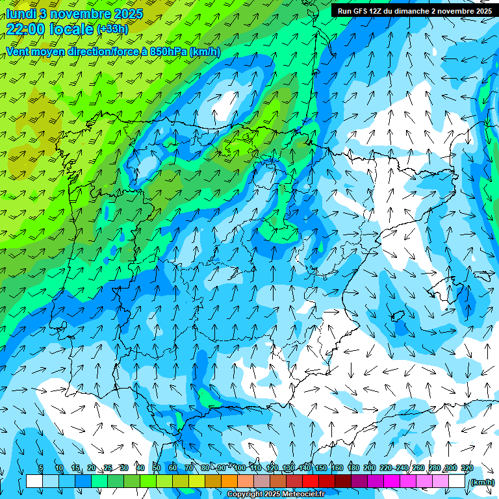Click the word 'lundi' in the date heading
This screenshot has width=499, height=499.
(x=21, y=14)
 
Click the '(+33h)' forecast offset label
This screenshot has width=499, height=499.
(x=112, y=29)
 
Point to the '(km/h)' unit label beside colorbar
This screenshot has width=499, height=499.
(x=481, y=482)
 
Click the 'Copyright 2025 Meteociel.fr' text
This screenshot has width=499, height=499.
(x=275, y=494)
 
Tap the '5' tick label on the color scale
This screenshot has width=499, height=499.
(x=41, y=468)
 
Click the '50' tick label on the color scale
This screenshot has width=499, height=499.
(x=157, y=468)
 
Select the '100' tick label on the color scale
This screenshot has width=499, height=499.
(x=240, y=468)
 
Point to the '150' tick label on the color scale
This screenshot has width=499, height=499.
(x=321, y=468)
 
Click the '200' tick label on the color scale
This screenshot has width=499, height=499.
(x=370, y=468)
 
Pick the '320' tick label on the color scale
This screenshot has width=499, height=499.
(x=467, y=468)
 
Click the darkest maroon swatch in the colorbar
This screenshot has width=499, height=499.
(x=343, y=481)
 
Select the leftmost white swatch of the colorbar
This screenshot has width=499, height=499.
(x=34, y=481)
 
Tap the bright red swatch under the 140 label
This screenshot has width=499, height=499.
(x=311, y=481)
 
